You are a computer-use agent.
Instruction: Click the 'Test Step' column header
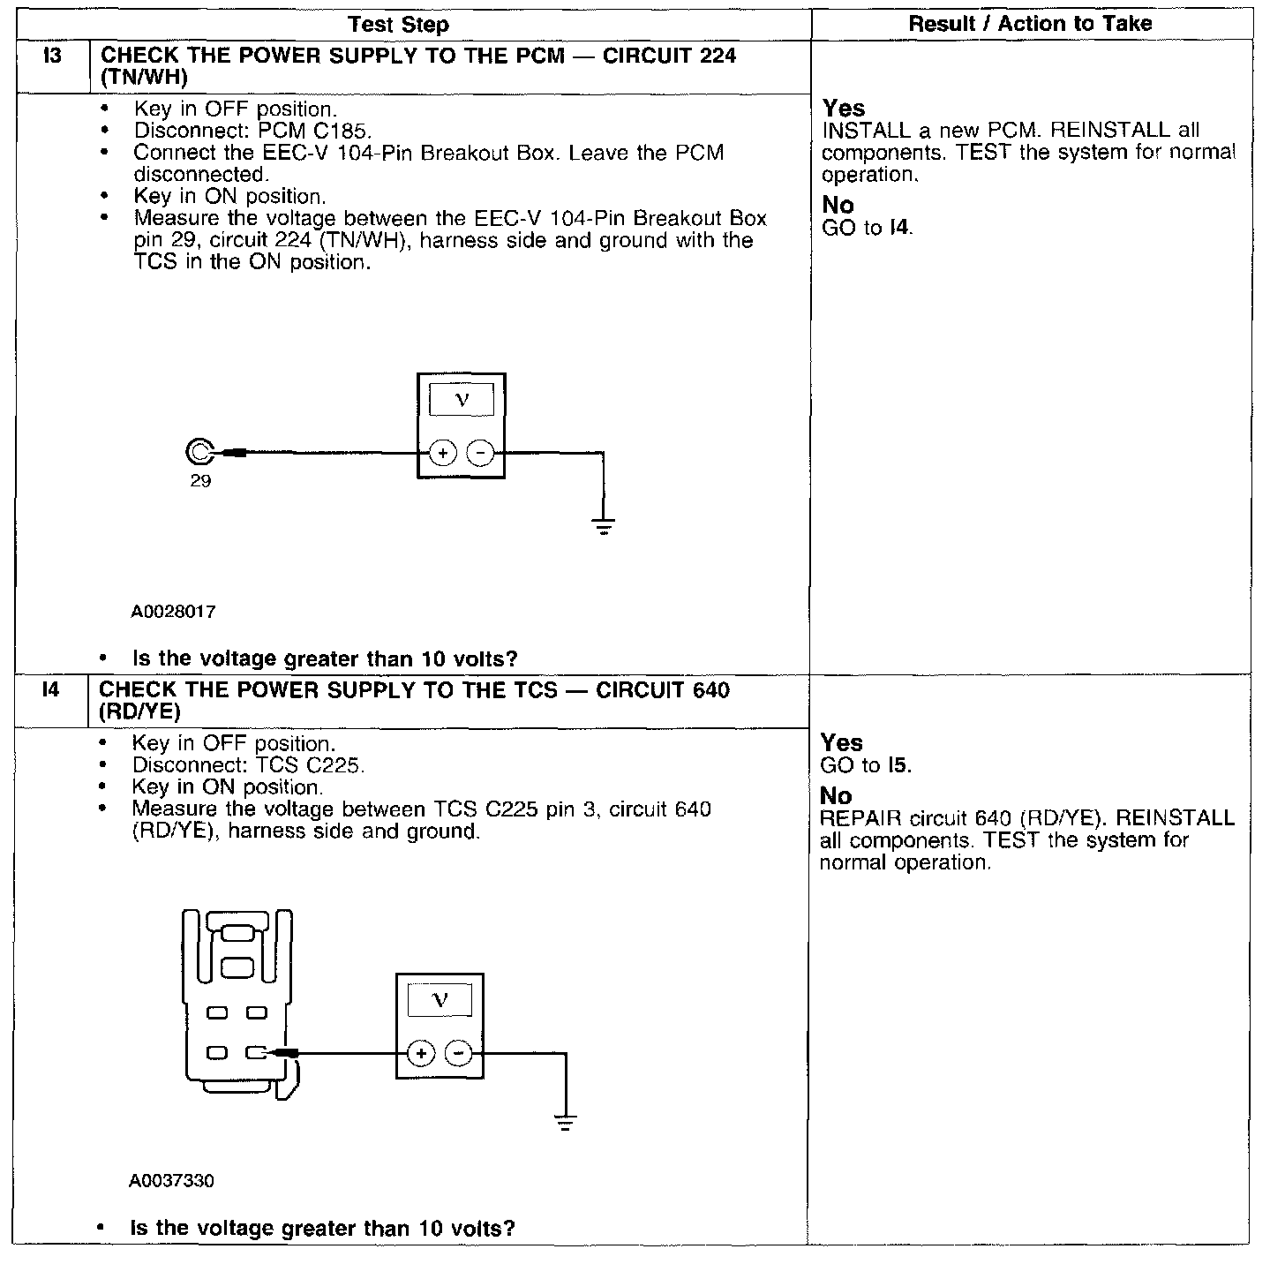click(398, 25)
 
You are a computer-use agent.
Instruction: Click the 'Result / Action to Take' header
click(1030, 24)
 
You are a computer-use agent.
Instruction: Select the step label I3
click(53, 56)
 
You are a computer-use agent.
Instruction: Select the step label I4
click(51, 690)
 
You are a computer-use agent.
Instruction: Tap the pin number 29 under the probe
click(200, 481)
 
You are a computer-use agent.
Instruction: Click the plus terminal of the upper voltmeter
click(442, 454)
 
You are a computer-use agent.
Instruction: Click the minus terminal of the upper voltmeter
click(480, 454)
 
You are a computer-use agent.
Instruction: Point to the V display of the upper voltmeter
click(462, 400)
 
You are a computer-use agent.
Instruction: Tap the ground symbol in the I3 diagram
click(604, 528)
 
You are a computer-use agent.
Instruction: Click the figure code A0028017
click(173, 611)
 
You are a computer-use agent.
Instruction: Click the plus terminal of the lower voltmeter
click(421, 1053)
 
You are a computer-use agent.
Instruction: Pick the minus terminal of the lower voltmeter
click(458, 1053)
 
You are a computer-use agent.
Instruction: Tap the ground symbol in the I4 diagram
click(566, 1124)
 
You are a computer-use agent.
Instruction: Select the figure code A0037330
click(171, 1180)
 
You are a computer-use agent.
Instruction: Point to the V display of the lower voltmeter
click(440, 1000)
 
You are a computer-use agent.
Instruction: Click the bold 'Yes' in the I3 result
click(843, 109)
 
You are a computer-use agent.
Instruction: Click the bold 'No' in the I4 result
click(836, 796)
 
